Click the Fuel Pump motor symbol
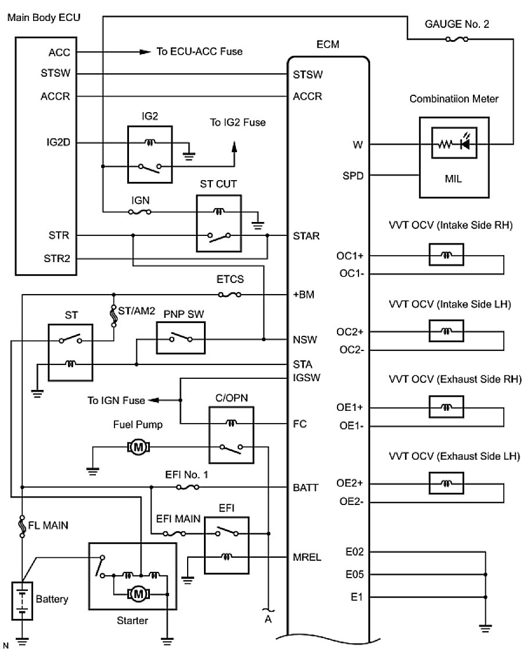tap(138, 447)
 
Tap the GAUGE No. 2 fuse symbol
tap(457, 39)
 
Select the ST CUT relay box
tap(219, 224)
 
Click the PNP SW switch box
tap(181, 338)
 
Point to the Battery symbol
tap(22, 601)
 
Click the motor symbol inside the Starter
tap(139, 594)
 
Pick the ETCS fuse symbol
tap(230, 295)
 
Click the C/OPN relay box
tap(231, 435)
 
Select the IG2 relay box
tap(150, 154)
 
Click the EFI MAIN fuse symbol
tap(174, 533)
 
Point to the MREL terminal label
tap(307, 557)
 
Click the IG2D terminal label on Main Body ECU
tap(58, 142)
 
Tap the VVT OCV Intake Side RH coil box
tap(446, 255)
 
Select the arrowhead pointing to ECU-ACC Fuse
tap(145, 52)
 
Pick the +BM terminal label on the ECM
tap(304, 295)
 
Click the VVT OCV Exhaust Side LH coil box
tap(446, 483)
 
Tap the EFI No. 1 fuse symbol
tap(188, 487)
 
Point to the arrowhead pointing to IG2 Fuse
tap(234, 147)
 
